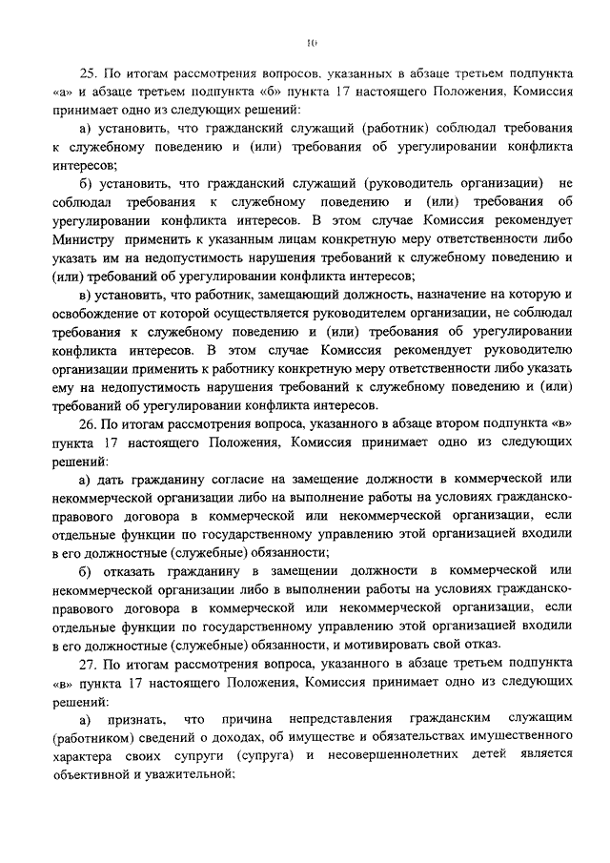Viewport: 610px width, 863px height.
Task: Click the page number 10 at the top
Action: coord(311,41)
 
